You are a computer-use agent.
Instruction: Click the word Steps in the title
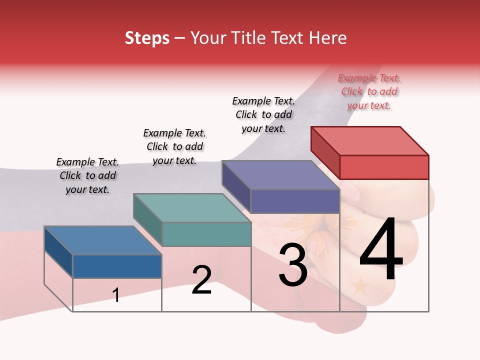click(147, 38)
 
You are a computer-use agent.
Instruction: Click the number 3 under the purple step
click(293, 265)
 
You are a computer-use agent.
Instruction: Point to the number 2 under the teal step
click(201, 280)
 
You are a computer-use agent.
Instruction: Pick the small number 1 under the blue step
click(116, 295)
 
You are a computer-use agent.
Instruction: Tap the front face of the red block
click(384, 167)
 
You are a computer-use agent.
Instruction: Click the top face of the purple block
click(281, 175)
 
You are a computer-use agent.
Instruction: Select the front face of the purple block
click(295, 201)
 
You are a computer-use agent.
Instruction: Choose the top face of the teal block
click(192, 208)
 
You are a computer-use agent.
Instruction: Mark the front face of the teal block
click(206, 234)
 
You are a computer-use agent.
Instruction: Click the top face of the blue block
click(103, 240)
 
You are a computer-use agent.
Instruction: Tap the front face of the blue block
click(117, 266)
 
